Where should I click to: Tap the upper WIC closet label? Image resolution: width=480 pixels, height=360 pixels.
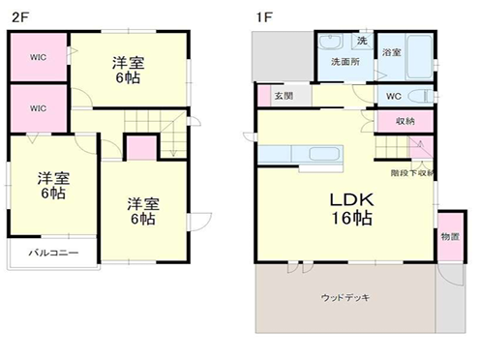tap(38, 57)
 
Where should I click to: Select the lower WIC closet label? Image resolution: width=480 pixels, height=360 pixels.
tap(38, 107)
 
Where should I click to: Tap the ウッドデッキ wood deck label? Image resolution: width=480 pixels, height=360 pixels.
tap(346, 298)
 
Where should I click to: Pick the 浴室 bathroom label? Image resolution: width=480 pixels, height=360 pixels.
tap(392, 51)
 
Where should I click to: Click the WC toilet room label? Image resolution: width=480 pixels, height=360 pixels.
tap(394, 96)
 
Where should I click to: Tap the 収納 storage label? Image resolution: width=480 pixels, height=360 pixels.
tap(405, 121)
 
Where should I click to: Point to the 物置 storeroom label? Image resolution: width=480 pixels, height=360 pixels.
tap(449, 235)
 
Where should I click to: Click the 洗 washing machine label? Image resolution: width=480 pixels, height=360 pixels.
tap(361, 41)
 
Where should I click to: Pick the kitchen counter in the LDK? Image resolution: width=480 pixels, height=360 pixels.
tap(300, 156)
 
